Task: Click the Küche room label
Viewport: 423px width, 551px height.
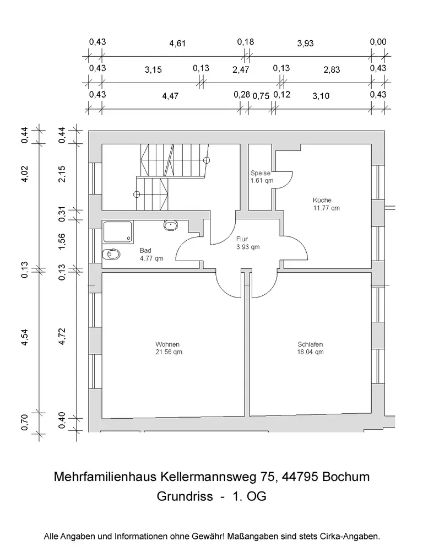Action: click(x=326, y=204)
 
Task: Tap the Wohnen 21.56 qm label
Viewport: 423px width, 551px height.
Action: click(x=169, y=348)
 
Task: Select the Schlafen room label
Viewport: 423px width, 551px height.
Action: click(x=310, y=348)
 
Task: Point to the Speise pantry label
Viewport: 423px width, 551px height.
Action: click(x=262, y=177)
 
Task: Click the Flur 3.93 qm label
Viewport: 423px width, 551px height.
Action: click(x=248, y=243)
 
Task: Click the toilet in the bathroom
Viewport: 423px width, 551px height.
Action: click(x=111, y=253)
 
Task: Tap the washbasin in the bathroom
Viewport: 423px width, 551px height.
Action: click(x=171, y=225)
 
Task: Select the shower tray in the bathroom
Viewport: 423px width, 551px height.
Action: click(x=118, y=231)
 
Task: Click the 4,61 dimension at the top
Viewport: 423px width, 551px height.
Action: click(x=177, y=44)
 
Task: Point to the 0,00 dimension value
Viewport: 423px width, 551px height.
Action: click(x=378, y=42)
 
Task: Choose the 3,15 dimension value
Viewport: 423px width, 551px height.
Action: click(x=153, y=69)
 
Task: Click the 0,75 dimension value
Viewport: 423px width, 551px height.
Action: click(x=261, y=96)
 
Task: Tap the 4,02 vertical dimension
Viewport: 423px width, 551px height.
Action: click(x=25, y=174)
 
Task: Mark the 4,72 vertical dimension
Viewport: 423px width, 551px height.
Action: click(x=62, y=336)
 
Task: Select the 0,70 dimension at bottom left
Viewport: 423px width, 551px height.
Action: click(x=25, y=422)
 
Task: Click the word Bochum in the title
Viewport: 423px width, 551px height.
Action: click(x=346, y=477)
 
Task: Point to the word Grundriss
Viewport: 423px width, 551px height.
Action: click(x=185, y=496)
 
